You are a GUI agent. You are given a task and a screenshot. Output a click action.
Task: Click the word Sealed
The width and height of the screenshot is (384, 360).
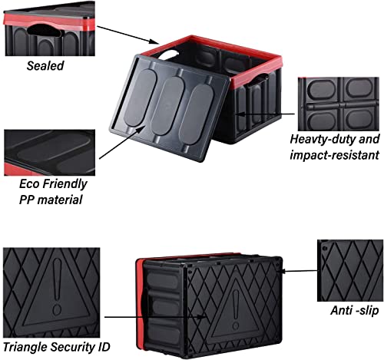pos(45,65)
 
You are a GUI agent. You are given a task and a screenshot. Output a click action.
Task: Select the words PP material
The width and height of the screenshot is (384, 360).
pos(51,200)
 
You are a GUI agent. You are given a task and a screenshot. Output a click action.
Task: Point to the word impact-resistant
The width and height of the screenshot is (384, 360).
pos(334,155)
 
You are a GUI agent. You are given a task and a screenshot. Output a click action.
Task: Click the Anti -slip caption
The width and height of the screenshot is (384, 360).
pos(355,310)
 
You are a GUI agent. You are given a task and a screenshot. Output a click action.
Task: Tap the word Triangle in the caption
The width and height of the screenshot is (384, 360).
pos(25,347)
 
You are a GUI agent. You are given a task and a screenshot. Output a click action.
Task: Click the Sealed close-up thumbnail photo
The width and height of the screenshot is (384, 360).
pos(49,28)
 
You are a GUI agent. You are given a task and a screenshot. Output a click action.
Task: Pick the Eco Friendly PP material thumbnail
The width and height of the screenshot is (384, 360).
pos(50,153)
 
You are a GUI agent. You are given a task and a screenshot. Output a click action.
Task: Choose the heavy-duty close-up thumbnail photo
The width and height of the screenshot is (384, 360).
pos(339,104)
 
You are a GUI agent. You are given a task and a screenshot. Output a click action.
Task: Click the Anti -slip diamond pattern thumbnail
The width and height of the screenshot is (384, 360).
pos(350,270)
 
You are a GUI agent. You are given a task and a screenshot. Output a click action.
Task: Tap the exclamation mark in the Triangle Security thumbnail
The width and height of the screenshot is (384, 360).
pos(57,286)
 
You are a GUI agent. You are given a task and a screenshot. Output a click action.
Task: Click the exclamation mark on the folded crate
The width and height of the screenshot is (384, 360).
pos(236,309)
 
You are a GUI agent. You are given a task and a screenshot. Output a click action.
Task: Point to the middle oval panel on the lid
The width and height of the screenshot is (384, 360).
pos(168,106)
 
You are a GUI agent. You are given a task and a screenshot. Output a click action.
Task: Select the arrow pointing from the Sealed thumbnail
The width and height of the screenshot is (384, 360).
pos(128,35)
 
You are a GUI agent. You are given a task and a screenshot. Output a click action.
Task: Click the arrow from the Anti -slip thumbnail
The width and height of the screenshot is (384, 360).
pos(300,271)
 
